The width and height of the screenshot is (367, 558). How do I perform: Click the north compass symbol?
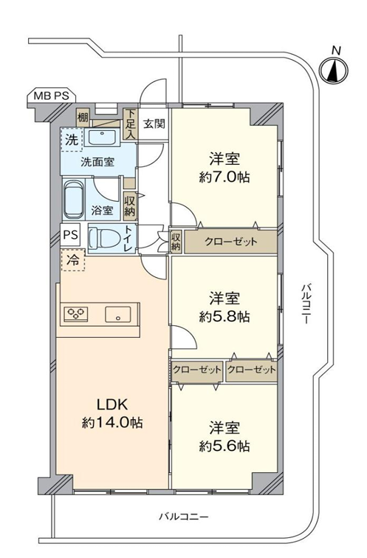pyautogui.click(x=334, y=69)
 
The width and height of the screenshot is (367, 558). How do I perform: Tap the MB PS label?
pyautogui.click(x=52, y=96)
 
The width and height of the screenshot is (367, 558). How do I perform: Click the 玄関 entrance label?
pyautogui.click(x=154, y=124)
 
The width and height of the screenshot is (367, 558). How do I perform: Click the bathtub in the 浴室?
pyautogui.click(x=74, y=200)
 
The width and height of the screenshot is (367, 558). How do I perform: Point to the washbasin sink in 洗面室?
pyautogui.click(x=103, y=136)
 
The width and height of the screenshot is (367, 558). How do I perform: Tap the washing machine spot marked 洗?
pyautogui.click(x=72, y=140)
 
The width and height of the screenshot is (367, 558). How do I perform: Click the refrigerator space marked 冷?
pyautogui.click(x=73, y=260)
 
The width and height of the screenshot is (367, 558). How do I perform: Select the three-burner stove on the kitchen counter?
pyautogui.click(x=76, y=314)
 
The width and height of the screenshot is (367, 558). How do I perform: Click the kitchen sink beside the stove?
pyautogui.click(x=117, y=315)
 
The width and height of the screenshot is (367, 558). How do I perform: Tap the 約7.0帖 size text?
pyautogui.click(x=224, y=177)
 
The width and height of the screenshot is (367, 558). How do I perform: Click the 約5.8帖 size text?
pyautogui.click(x=224, y=316)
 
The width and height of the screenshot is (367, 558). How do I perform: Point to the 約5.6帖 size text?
pyautogui.click(x=224, y=446)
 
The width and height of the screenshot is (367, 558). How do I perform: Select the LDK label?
pyautogui.click(x=112, y=404)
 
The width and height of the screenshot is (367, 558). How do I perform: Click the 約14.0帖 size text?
pyautogui.click(x=112, y=423)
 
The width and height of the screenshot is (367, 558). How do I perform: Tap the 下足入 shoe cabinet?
pyautogui.click(x=131, y=124)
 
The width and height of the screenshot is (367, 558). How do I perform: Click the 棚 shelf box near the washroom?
pyautogui.click(x=83, y=118)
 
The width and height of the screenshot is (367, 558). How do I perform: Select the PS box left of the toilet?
pyautogui.click(x=70, y=234)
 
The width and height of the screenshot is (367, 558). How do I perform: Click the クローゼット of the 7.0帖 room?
pyautogui.click(x=230, y=242)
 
